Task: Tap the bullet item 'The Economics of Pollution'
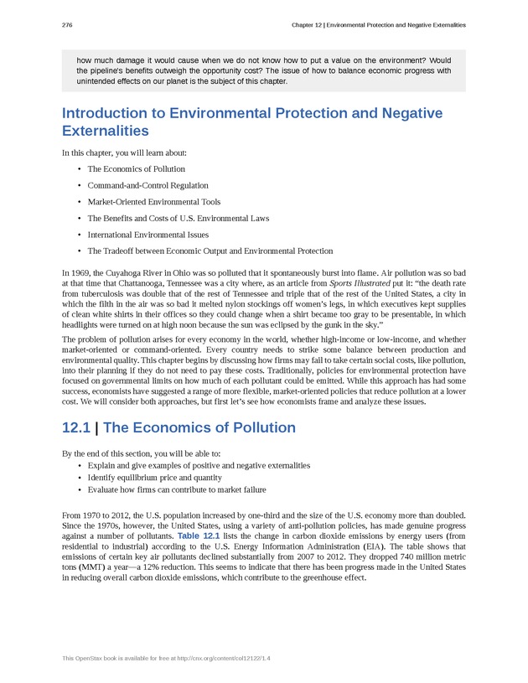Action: tap(136, 169)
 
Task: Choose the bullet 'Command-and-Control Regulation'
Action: tap(148, 185)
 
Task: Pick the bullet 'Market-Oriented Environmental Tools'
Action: tap(153, 202)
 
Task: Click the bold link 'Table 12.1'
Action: tap(198, 535)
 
